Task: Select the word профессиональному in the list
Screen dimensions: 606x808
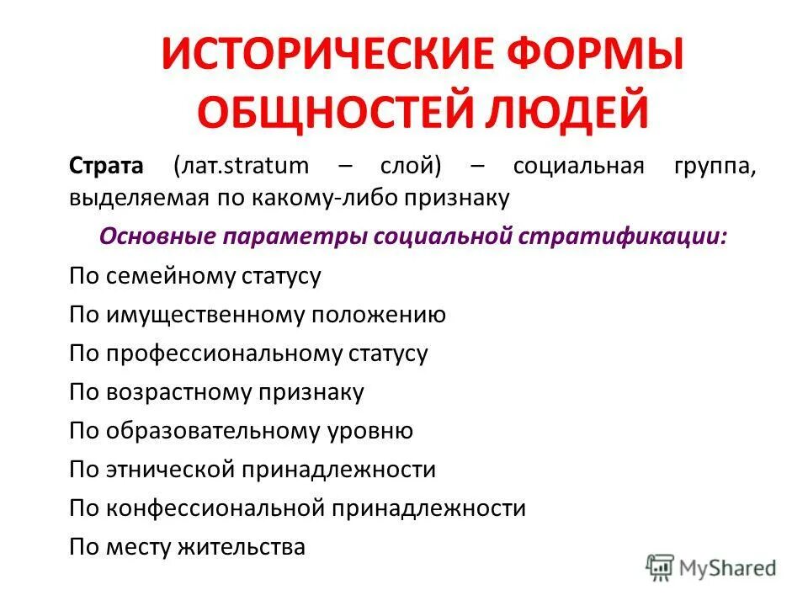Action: pos(224,353)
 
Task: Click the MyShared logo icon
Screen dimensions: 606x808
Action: pos(662,567)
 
